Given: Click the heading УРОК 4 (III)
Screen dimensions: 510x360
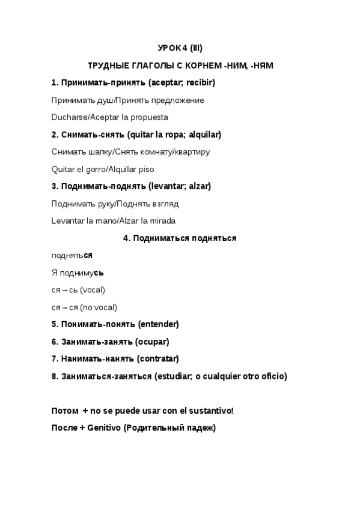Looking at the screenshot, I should [180, 48].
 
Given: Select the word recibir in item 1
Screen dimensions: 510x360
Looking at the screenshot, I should [198, 82].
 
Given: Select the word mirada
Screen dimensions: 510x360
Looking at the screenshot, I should [160, 221].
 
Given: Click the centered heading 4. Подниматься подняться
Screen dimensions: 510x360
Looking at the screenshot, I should [180, 238].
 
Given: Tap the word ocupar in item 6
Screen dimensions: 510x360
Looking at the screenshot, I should [153, 342].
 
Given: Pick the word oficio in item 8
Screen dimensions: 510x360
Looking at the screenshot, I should [272, 376].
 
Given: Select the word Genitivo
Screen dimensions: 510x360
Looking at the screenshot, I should [104, 428].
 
